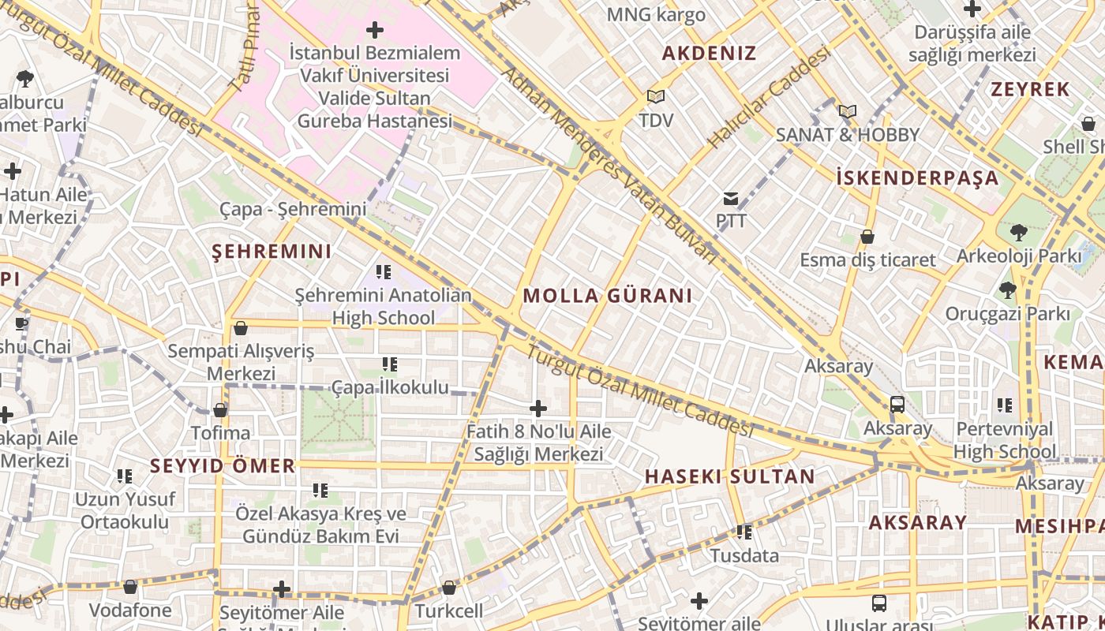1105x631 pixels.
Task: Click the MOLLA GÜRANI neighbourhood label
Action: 607,296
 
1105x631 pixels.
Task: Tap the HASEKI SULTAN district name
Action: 729,476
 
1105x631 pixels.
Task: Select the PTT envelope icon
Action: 731,198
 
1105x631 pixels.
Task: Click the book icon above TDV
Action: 655,97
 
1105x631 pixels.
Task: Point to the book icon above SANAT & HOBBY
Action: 848,112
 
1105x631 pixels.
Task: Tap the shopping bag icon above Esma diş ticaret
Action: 867,237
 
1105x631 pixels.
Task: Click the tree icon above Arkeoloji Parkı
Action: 1018,233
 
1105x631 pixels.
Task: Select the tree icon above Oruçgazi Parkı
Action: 1007,290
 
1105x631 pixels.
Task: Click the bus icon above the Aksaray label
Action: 897,405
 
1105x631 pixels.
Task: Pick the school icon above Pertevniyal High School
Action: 1004,405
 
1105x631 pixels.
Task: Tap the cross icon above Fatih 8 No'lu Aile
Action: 538,409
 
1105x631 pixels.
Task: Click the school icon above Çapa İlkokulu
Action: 389,364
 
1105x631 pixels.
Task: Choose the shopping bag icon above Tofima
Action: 220,410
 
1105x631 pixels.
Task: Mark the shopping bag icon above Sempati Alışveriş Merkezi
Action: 241,328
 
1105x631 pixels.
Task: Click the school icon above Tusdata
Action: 744,532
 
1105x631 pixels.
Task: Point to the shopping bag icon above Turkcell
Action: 449,588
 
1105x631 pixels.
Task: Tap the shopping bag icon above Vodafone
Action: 130,587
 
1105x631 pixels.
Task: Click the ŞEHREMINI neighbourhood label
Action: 272,252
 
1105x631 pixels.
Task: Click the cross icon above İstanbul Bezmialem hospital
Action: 375,31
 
